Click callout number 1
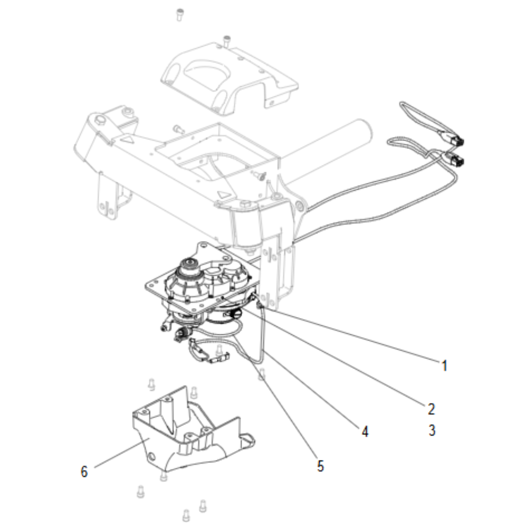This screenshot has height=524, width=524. (x=444, y=366)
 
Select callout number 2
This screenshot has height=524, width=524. (x=431, y=408)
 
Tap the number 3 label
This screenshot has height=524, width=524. (x=431, y=431)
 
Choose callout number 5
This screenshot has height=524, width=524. (x=321, y=465)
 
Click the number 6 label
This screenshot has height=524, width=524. (x=84, y=472)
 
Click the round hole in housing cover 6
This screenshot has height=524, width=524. (x=152, y=457)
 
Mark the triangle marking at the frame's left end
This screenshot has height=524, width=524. (x=127, y=139)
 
